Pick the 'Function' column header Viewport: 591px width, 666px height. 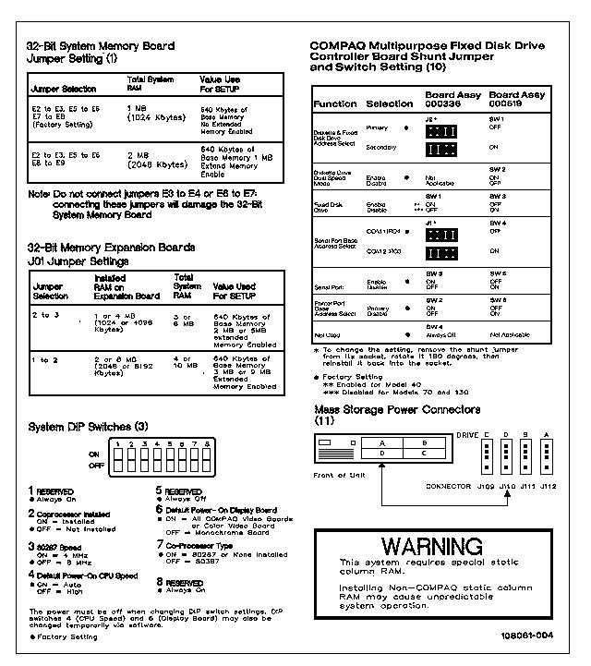334,104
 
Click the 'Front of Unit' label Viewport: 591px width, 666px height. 339,475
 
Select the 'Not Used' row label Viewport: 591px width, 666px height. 328,334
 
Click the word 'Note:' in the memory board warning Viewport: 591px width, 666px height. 39,195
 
